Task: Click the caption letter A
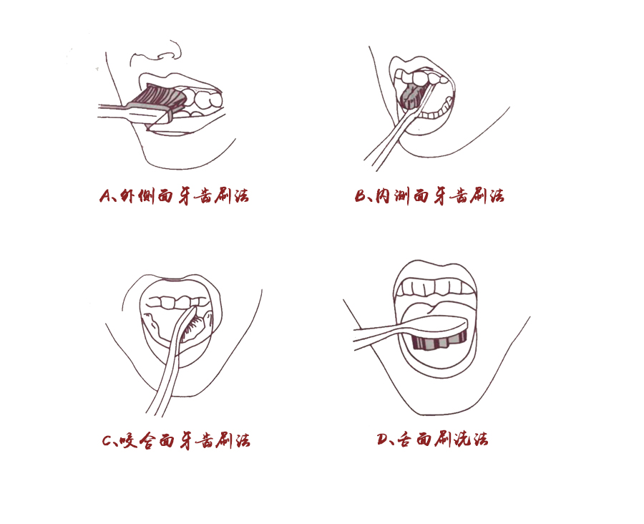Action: (104, 196)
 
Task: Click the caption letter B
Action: (361, 196)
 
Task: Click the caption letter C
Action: (109, 440)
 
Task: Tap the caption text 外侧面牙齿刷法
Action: (183, 196)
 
